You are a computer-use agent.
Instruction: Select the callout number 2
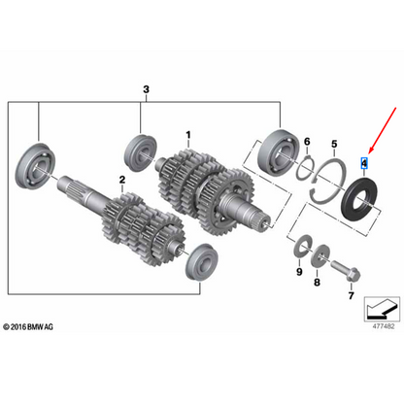click(x=122, y=181)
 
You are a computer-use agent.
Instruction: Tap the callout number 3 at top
click(x=146, y=90)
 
